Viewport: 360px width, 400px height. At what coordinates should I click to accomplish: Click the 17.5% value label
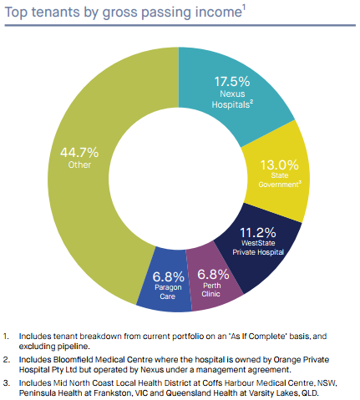232,82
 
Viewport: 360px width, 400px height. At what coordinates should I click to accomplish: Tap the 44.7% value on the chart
79,153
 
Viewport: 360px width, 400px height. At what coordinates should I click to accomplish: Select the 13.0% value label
279,165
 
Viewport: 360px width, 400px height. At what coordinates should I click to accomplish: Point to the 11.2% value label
258,232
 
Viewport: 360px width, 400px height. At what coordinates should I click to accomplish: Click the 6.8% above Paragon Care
168,276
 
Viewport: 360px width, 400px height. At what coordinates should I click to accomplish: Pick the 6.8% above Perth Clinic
213,275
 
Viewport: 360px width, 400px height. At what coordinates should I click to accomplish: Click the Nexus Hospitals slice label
232,99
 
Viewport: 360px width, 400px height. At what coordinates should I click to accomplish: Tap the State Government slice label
280,180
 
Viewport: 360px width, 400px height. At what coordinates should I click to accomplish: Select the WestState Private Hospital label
258,247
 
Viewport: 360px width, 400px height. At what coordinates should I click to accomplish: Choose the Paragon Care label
168,291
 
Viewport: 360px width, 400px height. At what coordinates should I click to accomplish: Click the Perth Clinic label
211,290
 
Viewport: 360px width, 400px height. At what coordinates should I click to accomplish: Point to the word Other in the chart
79,165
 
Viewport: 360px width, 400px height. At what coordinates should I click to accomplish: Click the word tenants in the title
55,13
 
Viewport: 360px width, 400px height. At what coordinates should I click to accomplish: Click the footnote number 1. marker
6,336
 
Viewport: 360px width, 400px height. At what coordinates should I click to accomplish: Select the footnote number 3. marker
7,382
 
